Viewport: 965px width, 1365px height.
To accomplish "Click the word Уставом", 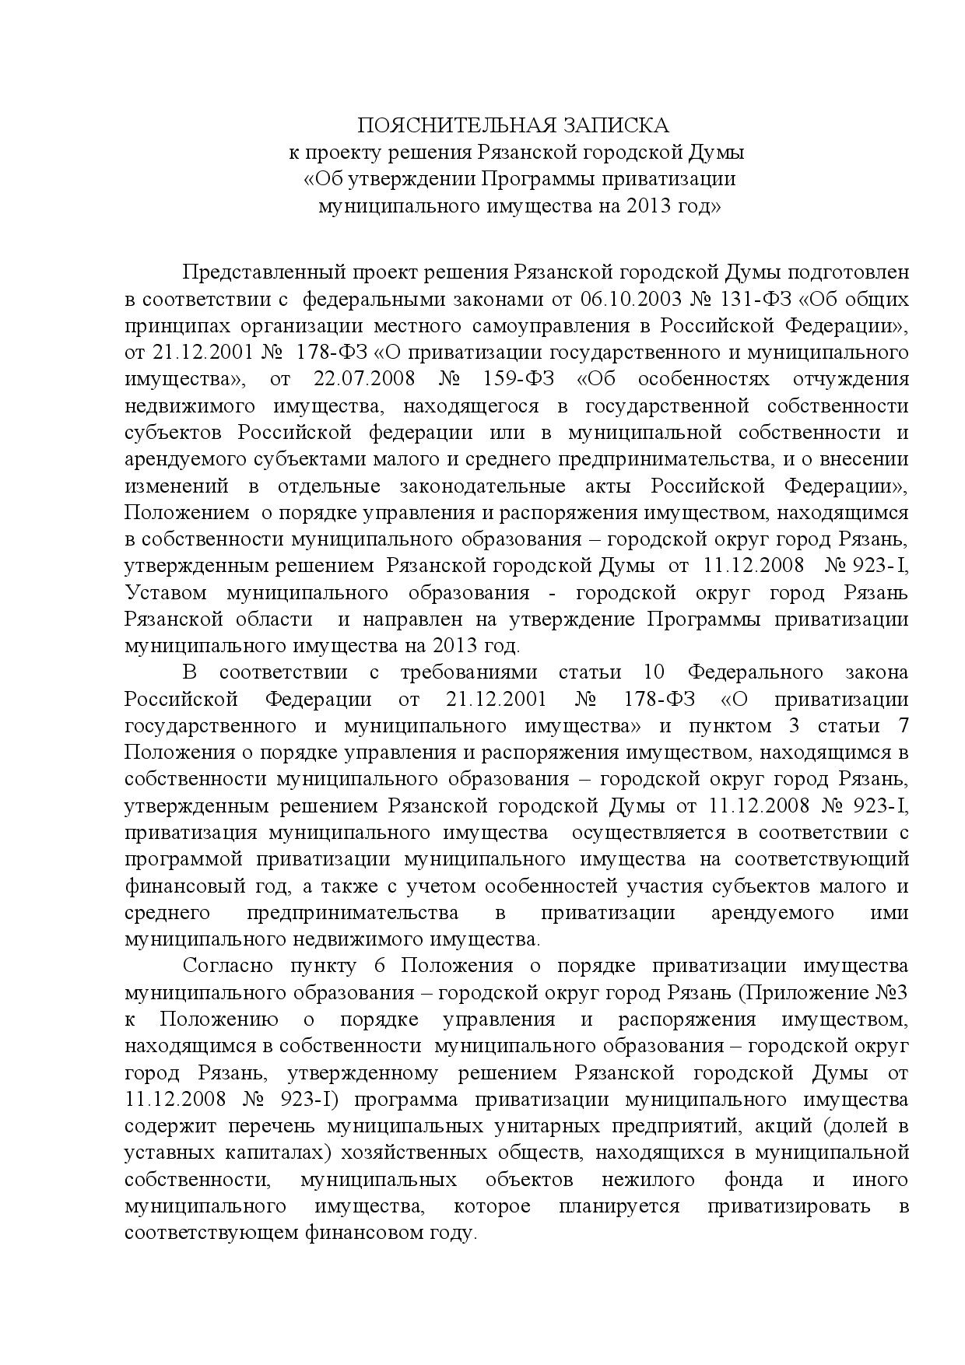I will coord(166,593).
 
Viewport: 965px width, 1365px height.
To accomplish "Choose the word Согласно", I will coord(227,966).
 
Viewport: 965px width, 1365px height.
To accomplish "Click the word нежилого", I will coord(654,1180).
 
